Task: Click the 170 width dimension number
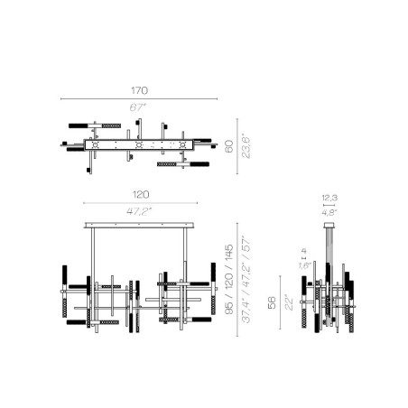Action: (138, 90)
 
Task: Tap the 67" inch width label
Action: (138, 107)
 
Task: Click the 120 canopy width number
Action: (140, 195)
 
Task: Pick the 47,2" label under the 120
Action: (140, 211)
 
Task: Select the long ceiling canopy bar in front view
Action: (140, 223)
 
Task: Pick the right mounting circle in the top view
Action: (185, 144)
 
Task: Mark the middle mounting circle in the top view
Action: (138, 144)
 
